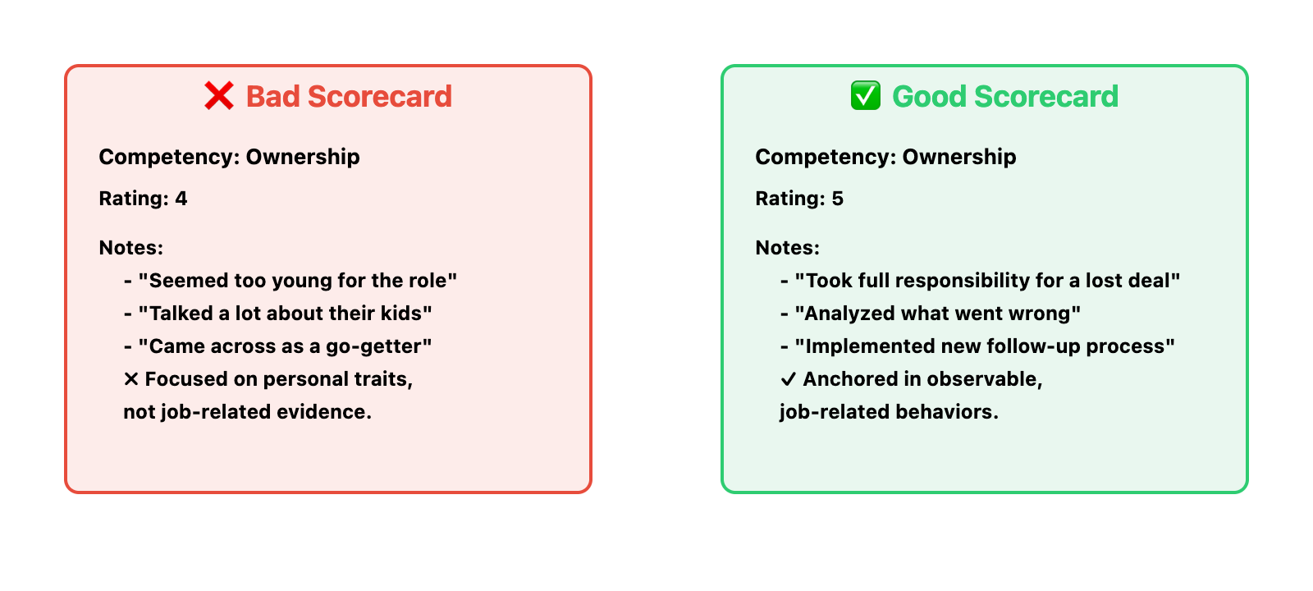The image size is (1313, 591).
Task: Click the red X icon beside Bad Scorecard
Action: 219,95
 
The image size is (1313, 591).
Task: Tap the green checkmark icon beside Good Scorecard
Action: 866,95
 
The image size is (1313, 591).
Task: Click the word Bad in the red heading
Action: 273,96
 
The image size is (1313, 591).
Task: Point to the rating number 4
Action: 181,199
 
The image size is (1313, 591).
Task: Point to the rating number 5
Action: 838,199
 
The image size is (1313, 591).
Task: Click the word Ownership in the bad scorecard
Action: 303,157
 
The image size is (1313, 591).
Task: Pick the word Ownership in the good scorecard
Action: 959,157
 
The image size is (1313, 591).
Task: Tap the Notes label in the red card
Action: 130,247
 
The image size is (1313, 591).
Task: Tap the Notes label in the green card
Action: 787,247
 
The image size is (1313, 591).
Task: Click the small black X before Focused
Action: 131,379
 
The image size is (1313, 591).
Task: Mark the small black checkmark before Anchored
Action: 788,379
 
